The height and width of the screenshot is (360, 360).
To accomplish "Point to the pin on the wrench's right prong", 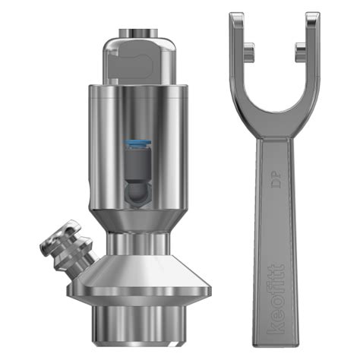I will pyautogui.click(x=302, y=49).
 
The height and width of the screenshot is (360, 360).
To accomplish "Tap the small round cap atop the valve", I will pyautogui.click(x=137, y=32).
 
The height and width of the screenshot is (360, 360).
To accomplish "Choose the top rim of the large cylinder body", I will pyautogui.click(x=137, y=88).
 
